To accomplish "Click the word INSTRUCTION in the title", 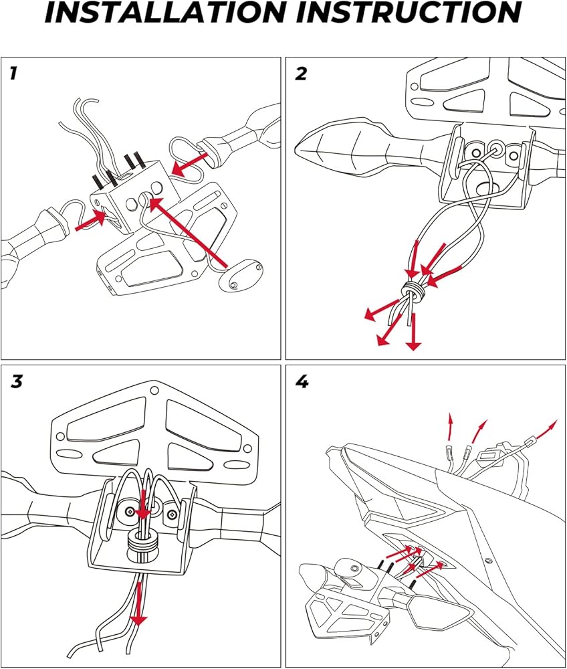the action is pyautogui.click(x=409, y=12).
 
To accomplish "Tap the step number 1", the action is pyautogui.click(x=13, y=74).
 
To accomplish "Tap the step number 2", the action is pyautogui.click(x=301, y=74).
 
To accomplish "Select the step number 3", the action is pyautogui.click(x=17, y=381).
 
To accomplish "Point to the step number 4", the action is pyautogui.click(x=302, y=381).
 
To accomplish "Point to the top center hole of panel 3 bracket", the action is pyautogui.click(x=154, y=390).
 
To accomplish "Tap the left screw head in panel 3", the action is pyautogui.click(x=129, y=510).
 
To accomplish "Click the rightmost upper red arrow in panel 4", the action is pyautogui.click(x=546, y=429).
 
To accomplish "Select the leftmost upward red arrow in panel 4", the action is pyautogui.click(x=450, y=426).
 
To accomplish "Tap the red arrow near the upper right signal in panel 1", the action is pyautogui.click(x=190, y=165).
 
